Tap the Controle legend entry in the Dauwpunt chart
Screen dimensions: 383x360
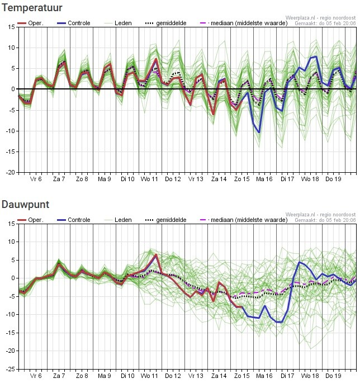[79, 220]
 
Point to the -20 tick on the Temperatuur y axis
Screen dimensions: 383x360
[10, 172]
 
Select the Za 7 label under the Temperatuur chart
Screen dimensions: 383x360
[59, 179]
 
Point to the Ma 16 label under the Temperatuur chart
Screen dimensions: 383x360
[264, 179]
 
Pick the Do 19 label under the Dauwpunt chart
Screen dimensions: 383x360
[333, 376]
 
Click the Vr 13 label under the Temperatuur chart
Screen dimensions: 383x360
[196, 179]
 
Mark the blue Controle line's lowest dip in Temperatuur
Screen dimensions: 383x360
[259, 133]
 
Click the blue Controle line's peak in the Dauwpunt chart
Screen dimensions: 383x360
[300, 262]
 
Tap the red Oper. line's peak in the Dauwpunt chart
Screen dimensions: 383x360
[156, 255]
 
